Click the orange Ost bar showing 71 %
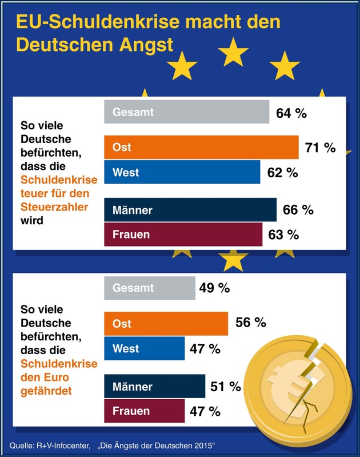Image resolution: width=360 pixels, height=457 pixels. (x=201, y=148)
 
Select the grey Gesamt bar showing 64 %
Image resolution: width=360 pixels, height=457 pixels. (x=186, y=112)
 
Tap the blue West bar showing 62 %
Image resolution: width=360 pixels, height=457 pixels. (x=182, y=172)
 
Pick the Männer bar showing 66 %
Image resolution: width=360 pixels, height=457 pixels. (x=190, y=210)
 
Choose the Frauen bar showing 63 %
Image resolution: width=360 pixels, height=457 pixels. (x=183, y=235)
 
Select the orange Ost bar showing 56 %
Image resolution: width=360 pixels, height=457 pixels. (x=166, y=323)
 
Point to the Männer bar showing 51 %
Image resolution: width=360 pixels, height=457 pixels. (x=154, y=386)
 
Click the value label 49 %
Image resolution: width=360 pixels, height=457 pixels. (x=214, y=288)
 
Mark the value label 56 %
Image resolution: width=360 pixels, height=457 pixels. (x=250, y=323)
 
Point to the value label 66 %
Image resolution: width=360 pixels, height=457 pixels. (x=298, y=210)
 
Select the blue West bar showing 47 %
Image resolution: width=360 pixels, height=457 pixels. (x=144, y=348)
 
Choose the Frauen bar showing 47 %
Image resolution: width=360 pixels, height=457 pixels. (x=144, y=411)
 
